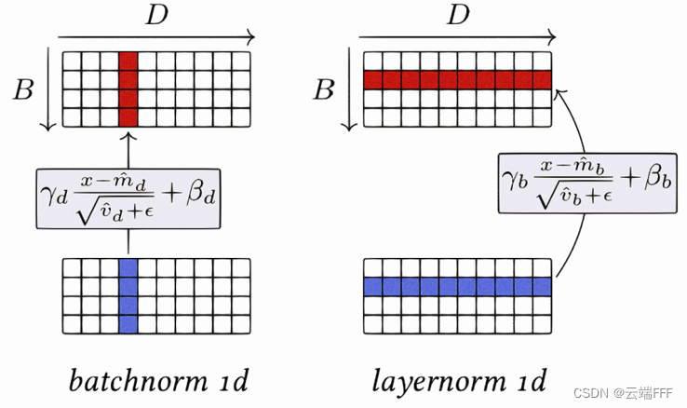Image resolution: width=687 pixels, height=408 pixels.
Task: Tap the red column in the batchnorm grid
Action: point(129,89)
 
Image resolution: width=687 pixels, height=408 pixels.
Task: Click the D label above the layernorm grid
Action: point(457,16)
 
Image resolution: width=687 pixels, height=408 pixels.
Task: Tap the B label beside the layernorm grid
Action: point(324,89)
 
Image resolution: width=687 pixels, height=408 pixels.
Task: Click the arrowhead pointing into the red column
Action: point(129,135)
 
